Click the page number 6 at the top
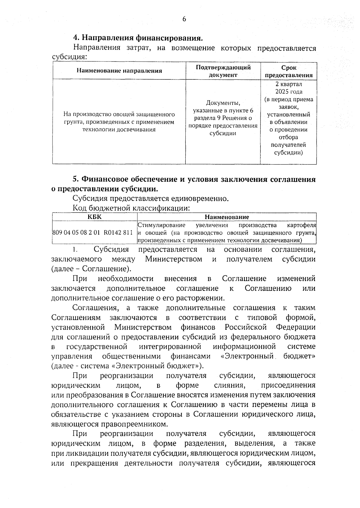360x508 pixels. (184, 19)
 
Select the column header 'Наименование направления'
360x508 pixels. (119, 71)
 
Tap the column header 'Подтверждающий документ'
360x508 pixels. (223, 71)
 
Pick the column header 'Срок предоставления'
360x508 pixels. (288, 71)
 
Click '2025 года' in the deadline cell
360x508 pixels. (289, 92)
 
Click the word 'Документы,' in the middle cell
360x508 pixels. (223, 103)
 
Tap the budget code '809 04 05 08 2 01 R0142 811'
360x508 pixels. (92, 232)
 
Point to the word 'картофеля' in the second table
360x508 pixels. (301, 225)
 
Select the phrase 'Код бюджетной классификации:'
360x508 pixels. (132, 208)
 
